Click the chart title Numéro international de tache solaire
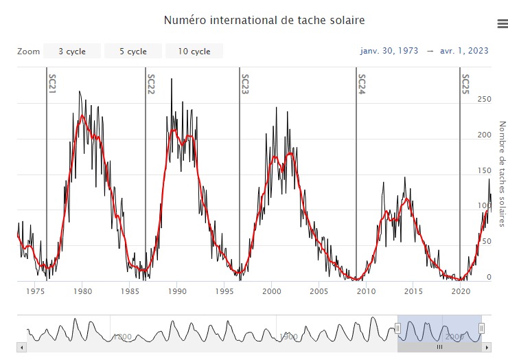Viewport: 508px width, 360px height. click(x=264, y=21)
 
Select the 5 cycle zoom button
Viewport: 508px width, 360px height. click(x=133, y=52)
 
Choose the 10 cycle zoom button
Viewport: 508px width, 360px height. click(x=194, y=52)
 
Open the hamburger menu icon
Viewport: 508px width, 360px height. click(x=502, y=24)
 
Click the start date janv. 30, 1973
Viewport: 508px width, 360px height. click(x=389, y=51)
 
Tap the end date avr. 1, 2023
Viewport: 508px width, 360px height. click(x=464, y=51)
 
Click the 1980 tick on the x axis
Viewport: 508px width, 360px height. click(x=82, y=291)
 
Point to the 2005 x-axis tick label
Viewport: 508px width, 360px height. click(x=319, y=291)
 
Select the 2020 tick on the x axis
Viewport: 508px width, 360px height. click(x=461, y=291)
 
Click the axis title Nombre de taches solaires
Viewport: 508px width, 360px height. click(x=502, y=174)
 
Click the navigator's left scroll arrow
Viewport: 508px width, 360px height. click(x=21, y=348)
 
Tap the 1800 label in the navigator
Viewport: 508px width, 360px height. click(x=122, y=337)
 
